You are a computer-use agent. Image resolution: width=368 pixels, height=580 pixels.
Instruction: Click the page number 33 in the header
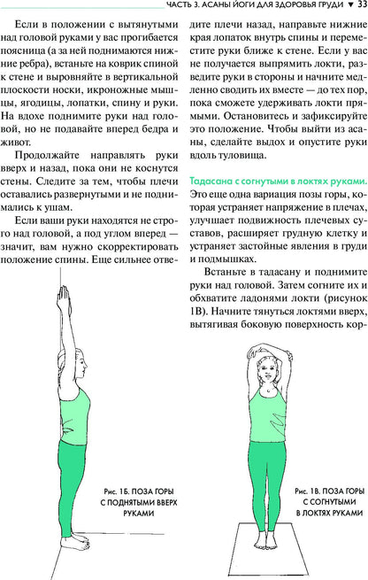(x=359, y=8)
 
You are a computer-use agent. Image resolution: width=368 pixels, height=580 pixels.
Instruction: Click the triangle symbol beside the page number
(x=348, y=8)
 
